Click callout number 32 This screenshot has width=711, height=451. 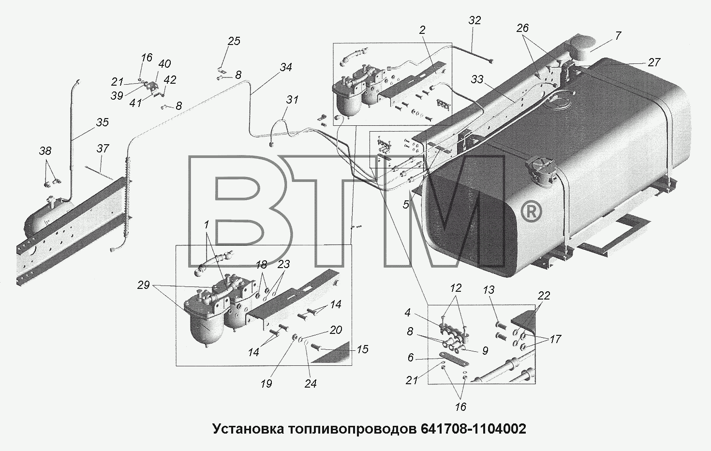(475, 20)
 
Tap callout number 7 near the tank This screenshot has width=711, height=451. (617, 36)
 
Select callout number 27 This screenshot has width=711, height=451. (654, 62)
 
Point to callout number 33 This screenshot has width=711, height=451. (477, 79)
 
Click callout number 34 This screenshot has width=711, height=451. (286, 67)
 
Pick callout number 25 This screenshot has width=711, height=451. (234, 41)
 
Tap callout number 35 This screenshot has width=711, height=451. (103, 122)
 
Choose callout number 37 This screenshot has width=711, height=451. (103, 149)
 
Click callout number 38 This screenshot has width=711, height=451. (45, 151)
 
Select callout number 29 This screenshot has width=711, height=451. (143, 285)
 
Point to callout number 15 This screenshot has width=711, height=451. (362, 349)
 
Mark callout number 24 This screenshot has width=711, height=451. (311, 384)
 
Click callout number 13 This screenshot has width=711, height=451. (489, 290)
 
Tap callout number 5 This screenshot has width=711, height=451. (406, 205)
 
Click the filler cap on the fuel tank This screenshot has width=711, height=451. (539, 172)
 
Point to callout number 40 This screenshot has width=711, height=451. (164, 64)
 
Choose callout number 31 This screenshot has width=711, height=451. (292, 100)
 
